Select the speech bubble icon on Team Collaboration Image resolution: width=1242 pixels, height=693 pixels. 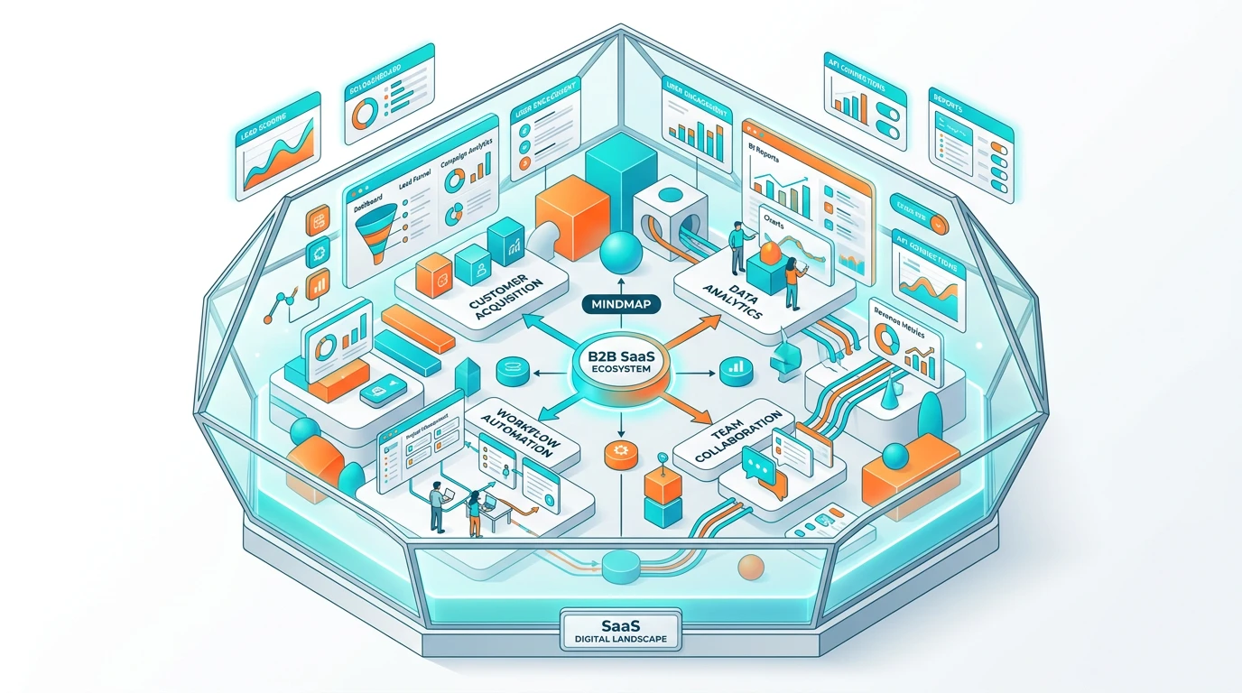pos(755,465)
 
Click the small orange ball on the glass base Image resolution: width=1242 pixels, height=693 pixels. pos(750,567)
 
